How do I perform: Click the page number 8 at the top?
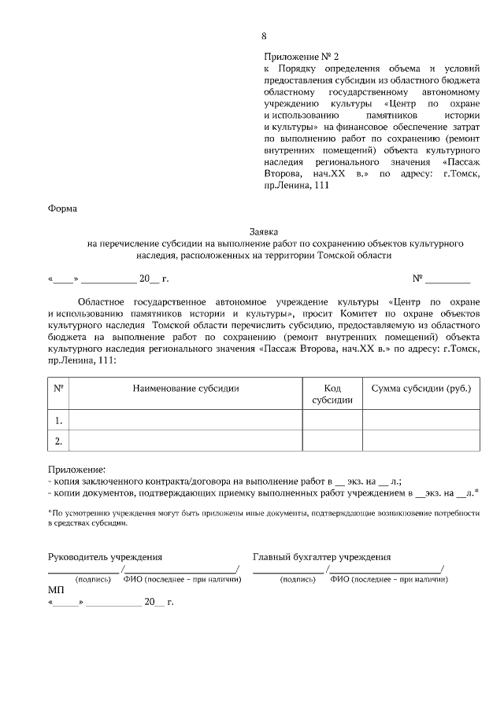(264, 35)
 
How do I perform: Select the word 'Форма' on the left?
(63, 208)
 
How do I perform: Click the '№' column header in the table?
(58, 389)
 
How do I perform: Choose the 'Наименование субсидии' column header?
(186, 389)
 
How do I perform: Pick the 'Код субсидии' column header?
(332, 394)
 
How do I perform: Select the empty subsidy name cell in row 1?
(186, 419)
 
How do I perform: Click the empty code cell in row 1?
(332, 419)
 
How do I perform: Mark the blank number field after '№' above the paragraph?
(448, 279)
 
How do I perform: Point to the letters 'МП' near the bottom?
(56, 589)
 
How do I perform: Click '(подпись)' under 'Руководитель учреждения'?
(92, 579)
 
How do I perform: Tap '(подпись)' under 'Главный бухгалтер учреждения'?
(298, 579)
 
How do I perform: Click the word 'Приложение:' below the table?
(76, 469)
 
